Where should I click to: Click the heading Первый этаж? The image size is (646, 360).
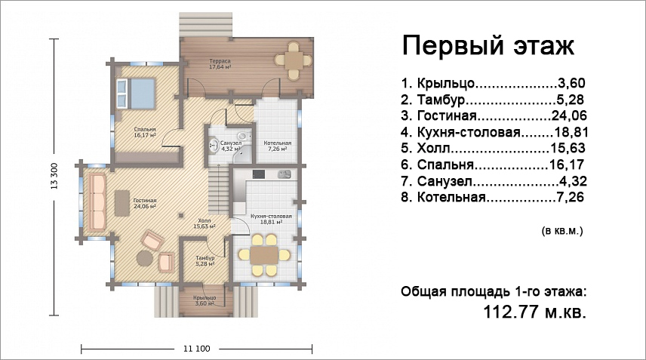[488, 45]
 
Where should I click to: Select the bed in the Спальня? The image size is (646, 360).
[135, 94]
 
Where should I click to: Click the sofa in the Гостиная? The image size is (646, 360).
[97, 202]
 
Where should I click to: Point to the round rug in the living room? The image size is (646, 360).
[145, 258]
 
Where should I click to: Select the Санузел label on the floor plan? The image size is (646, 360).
[230, 146]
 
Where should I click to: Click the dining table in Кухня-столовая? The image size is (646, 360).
[264, 255]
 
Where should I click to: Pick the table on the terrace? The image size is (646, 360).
[294, 60]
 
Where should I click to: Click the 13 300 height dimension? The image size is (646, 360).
[54, 177]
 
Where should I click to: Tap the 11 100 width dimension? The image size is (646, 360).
[196, 349]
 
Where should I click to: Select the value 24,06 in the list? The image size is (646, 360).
[569, 115]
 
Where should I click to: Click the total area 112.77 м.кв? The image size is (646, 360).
[534, 312]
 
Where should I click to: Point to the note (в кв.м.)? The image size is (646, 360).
[562, 231]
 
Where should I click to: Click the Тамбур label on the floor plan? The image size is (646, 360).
[205, 260]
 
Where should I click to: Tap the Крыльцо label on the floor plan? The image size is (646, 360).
[205, 300]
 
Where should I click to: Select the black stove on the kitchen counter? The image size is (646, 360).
[259, 174]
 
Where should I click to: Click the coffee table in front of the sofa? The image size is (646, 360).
[121, 203]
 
